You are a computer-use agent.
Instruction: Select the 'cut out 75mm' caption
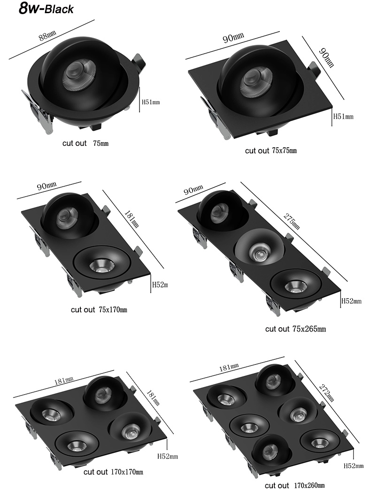[85, 143]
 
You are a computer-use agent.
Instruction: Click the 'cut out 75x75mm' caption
[271, 150]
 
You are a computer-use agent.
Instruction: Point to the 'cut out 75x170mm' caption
[99, 309]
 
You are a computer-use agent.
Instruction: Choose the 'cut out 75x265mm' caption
[295, 329]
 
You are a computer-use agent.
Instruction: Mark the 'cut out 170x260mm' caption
[294, 485]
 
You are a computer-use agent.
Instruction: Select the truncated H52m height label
[160, 284]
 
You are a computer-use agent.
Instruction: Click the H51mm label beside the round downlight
[151, 101]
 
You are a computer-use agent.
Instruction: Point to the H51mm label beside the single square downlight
[343, 116]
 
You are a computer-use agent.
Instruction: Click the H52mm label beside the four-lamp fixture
[167, 456]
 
